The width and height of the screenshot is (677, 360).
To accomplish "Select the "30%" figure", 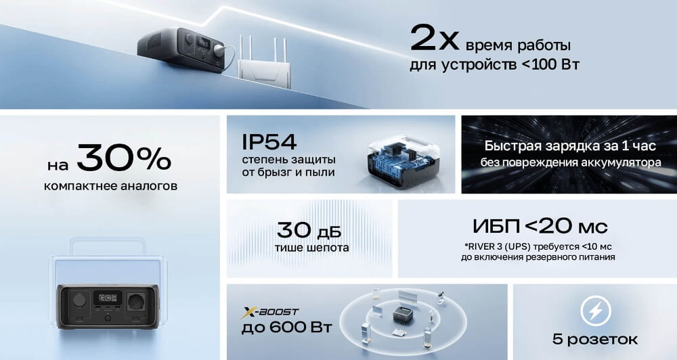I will point(123,159).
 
